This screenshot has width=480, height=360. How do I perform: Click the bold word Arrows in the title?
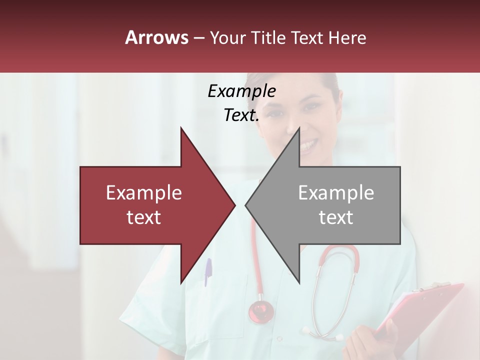click(157, 37)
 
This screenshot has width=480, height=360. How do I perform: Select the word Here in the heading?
click(347, 38)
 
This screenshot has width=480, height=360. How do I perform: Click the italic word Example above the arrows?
click(241, 91)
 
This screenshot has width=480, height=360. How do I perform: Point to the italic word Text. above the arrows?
click(241, 115)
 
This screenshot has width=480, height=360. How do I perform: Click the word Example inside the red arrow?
click(144, 193)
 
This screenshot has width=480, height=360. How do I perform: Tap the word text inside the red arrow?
click(144, 217)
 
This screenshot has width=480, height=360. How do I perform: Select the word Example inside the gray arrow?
click(336, 193)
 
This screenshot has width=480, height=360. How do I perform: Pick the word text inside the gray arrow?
click(336, 217)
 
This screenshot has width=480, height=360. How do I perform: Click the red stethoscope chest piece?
click(261, 311)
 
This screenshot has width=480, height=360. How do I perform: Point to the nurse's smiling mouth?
click(308, 145)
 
